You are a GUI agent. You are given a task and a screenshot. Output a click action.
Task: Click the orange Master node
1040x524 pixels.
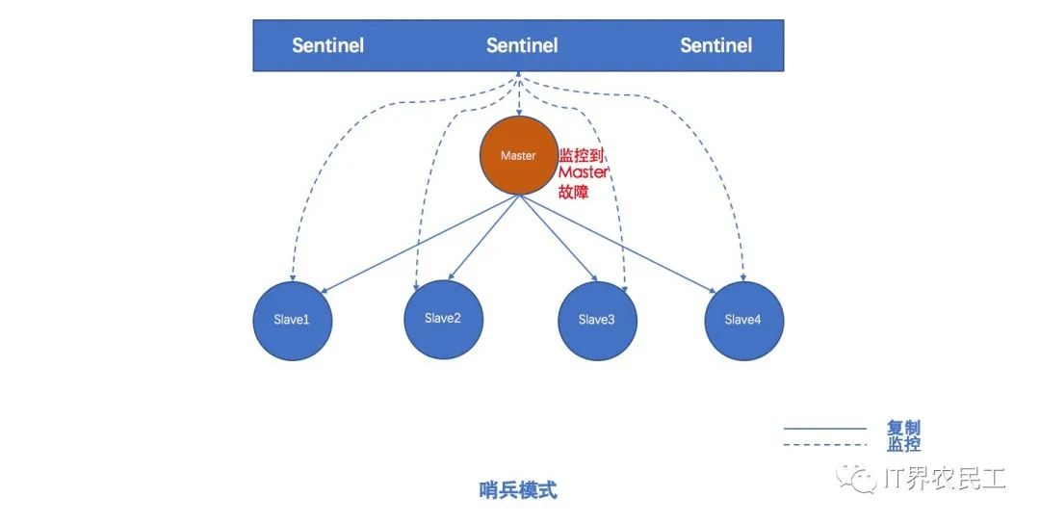(x=518, y=156)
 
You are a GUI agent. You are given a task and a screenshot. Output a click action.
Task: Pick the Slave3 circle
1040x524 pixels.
(x=597, y=320)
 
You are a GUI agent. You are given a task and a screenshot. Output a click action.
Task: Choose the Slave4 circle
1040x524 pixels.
(x=743, y=320)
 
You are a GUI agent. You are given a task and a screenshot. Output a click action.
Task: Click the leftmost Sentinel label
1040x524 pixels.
(x=328, y=45)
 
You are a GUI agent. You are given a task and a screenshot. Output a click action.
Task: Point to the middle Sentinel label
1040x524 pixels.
(x=522, y=45)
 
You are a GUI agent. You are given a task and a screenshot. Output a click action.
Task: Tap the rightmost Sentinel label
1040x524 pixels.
(x=715, y=45)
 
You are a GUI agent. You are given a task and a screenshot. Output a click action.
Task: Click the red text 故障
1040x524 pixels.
(x=574, y=192)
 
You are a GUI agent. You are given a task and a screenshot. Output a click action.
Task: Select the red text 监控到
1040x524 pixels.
(x=584, y=154)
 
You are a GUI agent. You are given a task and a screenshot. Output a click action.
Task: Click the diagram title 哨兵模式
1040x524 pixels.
(x=518, y=490)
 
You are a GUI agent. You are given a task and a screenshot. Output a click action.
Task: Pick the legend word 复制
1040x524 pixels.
(x=903, y=428)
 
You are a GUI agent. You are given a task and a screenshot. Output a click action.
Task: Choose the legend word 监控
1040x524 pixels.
(x=903, y=444)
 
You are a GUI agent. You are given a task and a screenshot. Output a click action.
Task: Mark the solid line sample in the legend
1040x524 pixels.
(x=824, y=428)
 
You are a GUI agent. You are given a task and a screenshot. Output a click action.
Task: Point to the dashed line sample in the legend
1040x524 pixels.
(x=824, y=444)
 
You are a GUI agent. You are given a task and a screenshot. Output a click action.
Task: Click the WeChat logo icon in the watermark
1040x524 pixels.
(x=852, y=477)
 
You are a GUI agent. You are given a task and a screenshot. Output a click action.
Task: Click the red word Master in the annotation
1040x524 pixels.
(x=584, y=172)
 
